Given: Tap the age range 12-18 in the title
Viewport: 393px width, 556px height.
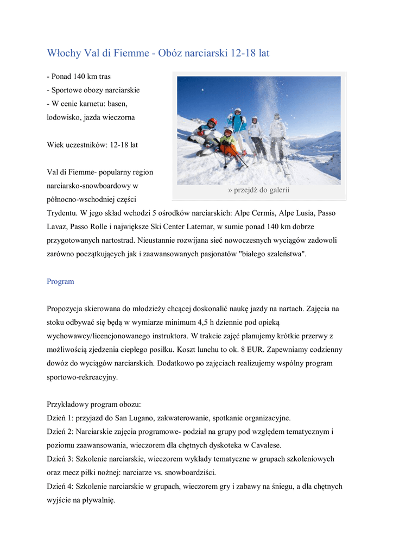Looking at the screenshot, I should (x=243, y=53).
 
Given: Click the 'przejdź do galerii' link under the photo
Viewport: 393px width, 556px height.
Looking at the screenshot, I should (x=259, y=190).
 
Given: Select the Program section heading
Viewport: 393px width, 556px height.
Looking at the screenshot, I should (x=60, y=282).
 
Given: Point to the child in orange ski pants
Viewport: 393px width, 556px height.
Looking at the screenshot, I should (x=229, y=144).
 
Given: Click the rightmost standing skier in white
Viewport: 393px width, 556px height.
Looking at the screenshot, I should (x=278, y=136).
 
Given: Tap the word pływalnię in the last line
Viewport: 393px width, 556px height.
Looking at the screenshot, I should (x=97, y=500).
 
